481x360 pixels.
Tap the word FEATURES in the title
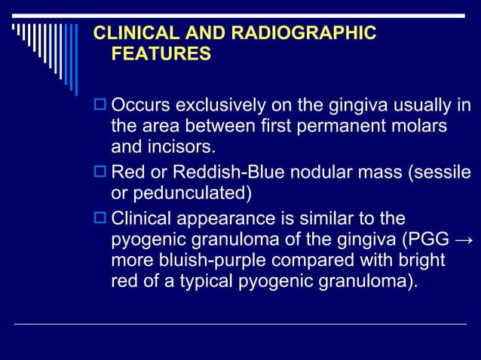(x=161, y=54)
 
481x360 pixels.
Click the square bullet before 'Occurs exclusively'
(x=99, y=104)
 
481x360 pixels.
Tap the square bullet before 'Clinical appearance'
(x=99, y=219)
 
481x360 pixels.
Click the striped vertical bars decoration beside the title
(x=45, y=45)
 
